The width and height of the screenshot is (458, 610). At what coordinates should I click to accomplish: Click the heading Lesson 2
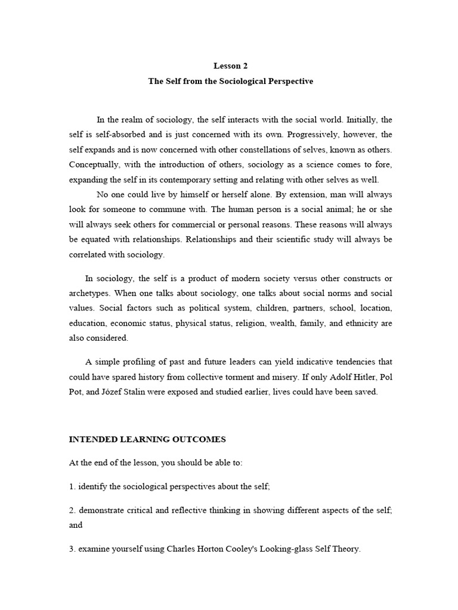pyautogui.click(x=230, y=66)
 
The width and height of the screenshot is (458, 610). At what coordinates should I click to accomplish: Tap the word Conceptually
pyautogui.click(x=95, y=164)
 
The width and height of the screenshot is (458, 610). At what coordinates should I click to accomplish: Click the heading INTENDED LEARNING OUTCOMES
pyautogui.click(x=147, y=440)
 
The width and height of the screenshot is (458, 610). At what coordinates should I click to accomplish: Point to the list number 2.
pyautogui.click(x=72, y=510)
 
